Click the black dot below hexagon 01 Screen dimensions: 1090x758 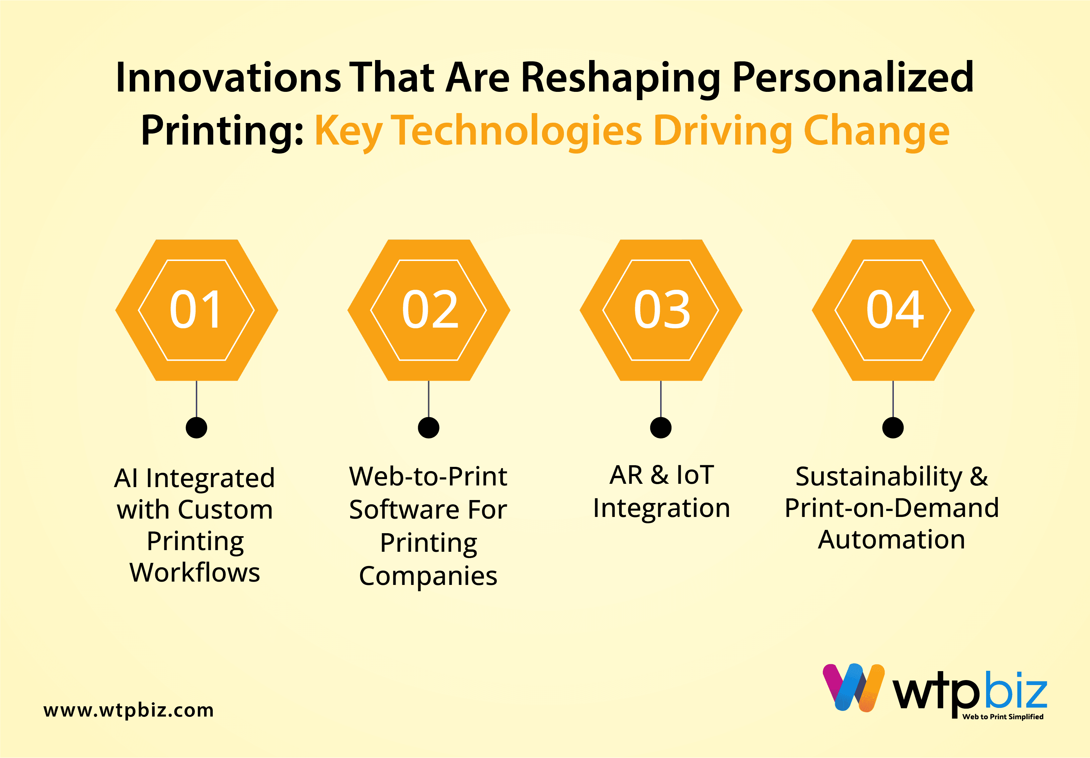[x=196, y=427]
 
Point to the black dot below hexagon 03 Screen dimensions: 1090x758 [x=661, y=427]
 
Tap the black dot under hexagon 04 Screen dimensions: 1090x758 [x=893, y=427]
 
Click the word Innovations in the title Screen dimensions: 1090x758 [x=228, y=77]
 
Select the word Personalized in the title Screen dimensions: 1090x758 [x=853, y=79]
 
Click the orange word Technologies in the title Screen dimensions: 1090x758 [x=519, y=132]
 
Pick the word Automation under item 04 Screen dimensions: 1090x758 [x=892, y=540]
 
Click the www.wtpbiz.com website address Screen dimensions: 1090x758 [x=129, y=710]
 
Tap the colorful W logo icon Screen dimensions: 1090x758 [x=854, y=688]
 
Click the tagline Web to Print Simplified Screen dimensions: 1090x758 [x=1003, y=717]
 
